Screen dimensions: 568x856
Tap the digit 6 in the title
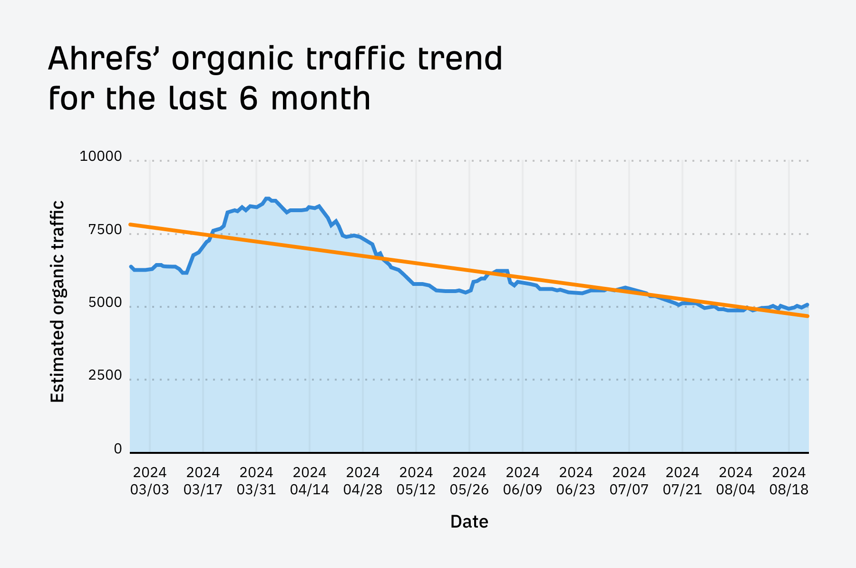[250, 98]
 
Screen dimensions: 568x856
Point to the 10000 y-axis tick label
[101, 157]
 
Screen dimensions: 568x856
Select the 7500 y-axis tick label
[105, 230]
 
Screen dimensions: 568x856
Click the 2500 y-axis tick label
[105, 376]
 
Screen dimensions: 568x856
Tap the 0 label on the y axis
[118, 449]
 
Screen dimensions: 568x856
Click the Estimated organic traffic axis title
[57, 302]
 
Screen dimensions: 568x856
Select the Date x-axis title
[469, 522]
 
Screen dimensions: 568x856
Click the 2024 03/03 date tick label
[150, 481]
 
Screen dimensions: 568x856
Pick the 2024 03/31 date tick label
[256, 481]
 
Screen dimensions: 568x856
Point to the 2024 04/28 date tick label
[363, 481]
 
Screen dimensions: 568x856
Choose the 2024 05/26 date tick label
[469, 481]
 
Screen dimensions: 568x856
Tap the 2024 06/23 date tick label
[576, 481]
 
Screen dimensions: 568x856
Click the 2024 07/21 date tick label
[682, 481]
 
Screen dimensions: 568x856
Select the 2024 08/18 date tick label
[789, 481]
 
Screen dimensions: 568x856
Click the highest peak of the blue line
[267, 198]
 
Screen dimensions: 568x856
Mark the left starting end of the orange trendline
[131, 224]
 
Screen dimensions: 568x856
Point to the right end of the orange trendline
[807, 316]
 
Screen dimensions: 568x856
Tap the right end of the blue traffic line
[807, 304]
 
